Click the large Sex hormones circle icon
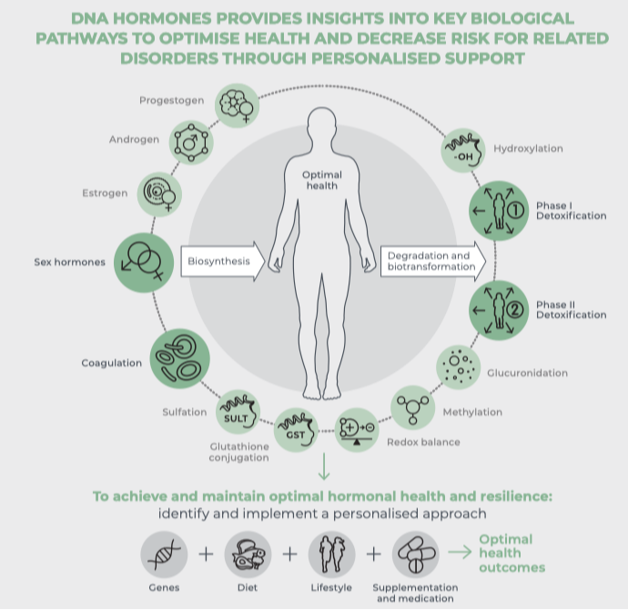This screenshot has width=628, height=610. [x=146, y=263]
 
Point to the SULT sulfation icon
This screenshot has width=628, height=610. [x=238, y=414]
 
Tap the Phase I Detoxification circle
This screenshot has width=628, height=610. [x=497, y=215]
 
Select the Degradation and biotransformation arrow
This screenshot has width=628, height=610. [x=430, y=262]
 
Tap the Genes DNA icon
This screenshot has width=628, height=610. [x=164, y=555]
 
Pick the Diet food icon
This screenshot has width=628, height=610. [x=246, y=555]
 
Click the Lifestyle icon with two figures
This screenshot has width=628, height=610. [x=330, y=555]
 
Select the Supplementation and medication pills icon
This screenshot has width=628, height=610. [x=415, y=555]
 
